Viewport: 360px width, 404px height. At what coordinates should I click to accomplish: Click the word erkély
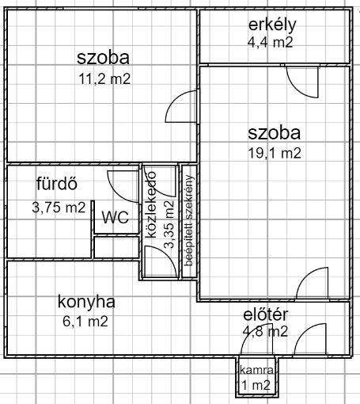click(x=272, y=25)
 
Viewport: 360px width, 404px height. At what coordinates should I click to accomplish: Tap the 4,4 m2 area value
click(x=271, y=42)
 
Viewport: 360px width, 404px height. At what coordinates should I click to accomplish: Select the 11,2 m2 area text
click(x=104, y=78)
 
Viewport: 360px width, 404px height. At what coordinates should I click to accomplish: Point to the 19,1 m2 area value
click(x=275, y=153)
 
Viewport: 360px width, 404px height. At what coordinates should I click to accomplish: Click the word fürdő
click(x=57, y=184)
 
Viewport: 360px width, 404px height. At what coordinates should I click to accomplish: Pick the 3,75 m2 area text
click(x=59, y=208)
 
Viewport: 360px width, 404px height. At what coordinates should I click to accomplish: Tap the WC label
click(x=116, y=217)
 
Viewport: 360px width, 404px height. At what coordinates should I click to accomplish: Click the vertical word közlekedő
click(x=151, y=204)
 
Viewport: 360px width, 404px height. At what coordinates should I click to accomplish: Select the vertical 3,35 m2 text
click(x=169, y=224)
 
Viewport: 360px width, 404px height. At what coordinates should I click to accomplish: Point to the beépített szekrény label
click(x=189, y=220)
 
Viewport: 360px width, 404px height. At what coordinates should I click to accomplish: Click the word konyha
click(x=86, y=302)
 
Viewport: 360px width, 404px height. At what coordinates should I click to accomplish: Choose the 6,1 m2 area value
click(x=85, y=322)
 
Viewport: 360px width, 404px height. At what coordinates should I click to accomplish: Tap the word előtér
click(x=266, y=314)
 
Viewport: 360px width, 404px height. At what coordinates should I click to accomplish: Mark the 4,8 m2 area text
click(x=265, y=331)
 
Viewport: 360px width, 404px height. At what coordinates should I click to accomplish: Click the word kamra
click(x=256, y=370)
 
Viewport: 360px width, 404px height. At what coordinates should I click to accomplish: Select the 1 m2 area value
click(x=256, y=385)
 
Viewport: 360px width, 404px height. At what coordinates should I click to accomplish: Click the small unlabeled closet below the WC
click(x=116, y=247)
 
